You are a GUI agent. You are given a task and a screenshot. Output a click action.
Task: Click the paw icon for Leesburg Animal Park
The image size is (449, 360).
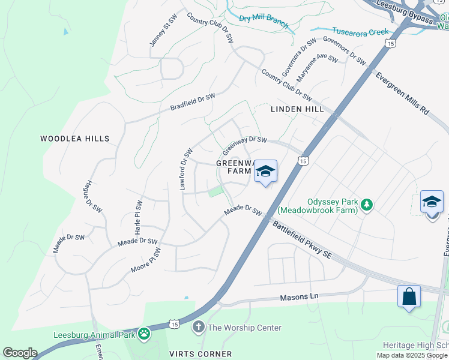(144, 333)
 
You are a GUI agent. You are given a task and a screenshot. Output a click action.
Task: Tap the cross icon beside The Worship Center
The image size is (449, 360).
(199, 328)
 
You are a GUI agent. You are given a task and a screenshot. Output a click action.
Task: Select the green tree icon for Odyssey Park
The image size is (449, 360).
(366, 206)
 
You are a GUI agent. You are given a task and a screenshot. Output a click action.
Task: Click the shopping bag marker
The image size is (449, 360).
(409, 296)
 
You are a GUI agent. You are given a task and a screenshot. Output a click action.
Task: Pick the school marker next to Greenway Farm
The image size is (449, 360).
(265, 172)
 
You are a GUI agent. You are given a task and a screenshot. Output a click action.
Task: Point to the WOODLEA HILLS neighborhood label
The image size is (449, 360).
(75, 139)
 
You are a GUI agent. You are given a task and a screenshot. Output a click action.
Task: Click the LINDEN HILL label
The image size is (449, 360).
(297, 109)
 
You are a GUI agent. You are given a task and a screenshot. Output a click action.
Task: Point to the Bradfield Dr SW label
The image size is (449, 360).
(192, 102)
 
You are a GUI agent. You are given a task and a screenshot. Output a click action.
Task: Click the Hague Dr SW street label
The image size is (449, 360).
(92, 196)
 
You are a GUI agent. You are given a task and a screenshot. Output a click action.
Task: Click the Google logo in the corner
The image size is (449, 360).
(19, 353)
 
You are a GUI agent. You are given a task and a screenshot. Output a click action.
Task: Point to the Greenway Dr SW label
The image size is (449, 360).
(244, 144)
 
